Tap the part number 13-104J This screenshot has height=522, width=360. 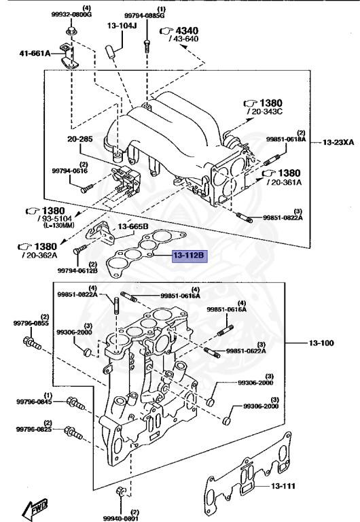click(x=122, y=27)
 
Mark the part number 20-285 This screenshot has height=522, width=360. click(x=79, y=139)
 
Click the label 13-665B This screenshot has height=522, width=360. click(x=133, y=226)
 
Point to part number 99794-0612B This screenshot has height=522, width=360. click(x=77, y=271)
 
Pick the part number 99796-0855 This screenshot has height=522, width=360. click(x=32, y=324)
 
